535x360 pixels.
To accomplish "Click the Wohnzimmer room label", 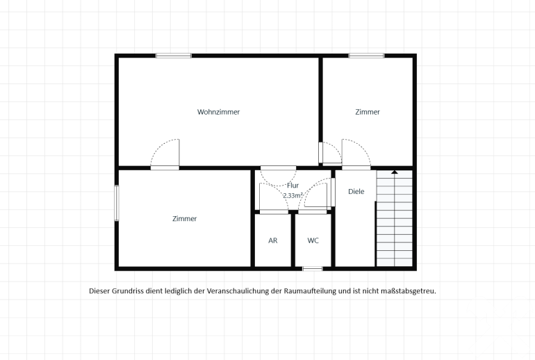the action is click(x=218, y=112).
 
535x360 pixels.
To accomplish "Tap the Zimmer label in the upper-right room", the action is click(x=368, y=112).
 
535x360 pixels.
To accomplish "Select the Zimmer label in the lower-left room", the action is click(x=185, y=219).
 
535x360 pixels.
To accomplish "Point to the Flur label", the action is click(x=293, y=186).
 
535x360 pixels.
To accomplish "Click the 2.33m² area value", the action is click(x=293, y=195).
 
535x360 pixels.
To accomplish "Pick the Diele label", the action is click(x=356, y=191).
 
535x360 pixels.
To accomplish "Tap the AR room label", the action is click(x=273, y=240).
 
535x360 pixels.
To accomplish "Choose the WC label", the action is click(x=313, y=240).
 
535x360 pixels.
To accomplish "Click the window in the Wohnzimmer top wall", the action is click(x=174, y=56).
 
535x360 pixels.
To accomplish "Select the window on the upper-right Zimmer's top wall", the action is click(x=366, y=56).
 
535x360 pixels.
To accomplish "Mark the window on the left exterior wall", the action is click(x=117, y=203).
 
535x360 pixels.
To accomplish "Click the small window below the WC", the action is click(x=313, y=269).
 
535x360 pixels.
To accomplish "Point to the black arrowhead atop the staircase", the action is click(x=395, y=172).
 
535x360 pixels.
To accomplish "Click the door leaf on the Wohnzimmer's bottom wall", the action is click(x=179, y=152).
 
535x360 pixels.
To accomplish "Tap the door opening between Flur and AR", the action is click(x=274, y=212).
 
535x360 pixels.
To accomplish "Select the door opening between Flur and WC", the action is click(x=312, y=212).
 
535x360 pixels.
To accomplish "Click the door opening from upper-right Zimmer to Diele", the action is click(x=356, y=168).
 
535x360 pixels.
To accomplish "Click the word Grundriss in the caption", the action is click(x=126, y=291).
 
